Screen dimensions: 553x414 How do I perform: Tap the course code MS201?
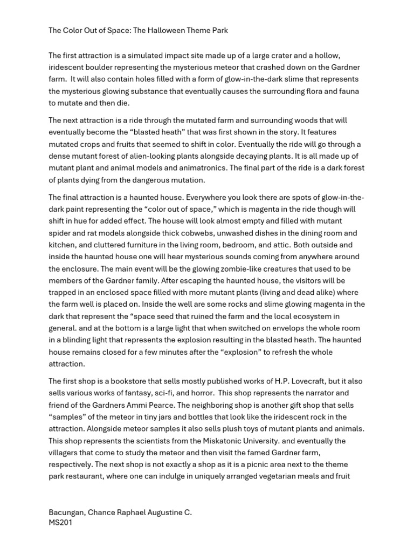(x=60, y=523)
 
